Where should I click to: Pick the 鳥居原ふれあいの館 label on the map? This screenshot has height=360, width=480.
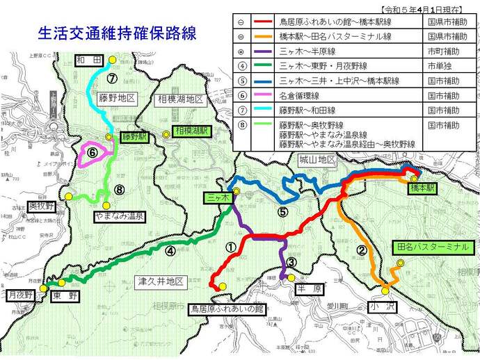(x=229, y=307)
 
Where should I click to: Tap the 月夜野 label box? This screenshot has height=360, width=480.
(x=21, y=295)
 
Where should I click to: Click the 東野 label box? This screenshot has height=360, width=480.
(x=66, y=295)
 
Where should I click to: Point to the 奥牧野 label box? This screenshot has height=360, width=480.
(x=41, y=206)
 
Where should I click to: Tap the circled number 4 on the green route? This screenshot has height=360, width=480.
(x=170, y=252)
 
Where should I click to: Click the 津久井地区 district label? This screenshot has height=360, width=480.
(x=161, y=281)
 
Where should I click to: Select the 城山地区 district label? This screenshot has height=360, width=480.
(x=317, y=160)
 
